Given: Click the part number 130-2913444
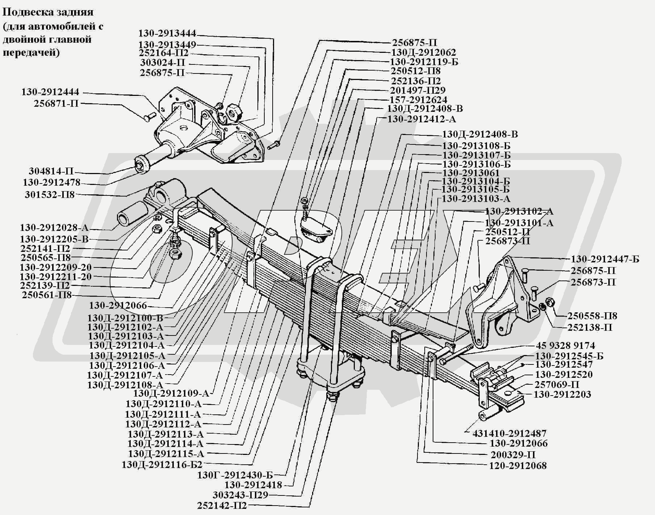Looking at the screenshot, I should pos(167,34).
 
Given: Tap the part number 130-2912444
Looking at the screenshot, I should pos(50,92).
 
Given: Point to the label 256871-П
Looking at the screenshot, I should pos(56,104).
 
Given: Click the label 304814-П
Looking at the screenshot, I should pos(51,171).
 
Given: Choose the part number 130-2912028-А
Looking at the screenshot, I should pos(54,228).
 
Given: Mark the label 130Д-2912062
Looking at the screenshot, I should pos(423,52).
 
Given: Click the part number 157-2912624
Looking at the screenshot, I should pos(418,100).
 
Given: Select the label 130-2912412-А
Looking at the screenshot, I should pos(421,119).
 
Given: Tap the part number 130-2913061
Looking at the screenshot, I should pos(471,173).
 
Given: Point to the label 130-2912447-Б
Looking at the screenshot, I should pos(605,259).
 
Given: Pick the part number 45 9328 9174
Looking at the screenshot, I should pos(565,346).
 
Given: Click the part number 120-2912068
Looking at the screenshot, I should pos(518,465).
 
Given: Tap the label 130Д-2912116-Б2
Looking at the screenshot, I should pos(162,464).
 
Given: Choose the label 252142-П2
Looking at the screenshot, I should pos(222,506).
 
